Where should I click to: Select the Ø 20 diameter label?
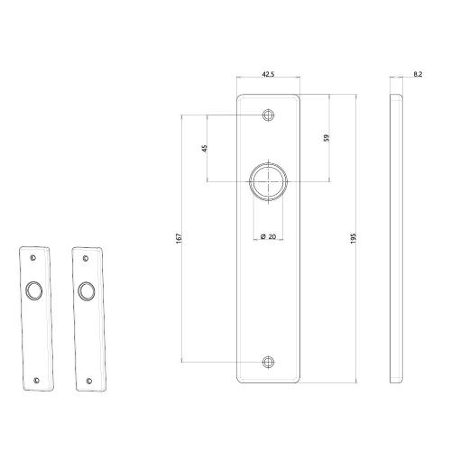coord(268,235)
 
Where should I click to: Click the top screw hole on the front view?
coord(268,115)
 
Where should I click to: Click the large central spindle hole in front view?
coord(268,179)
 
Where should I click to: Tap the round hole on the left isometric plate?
coord(34,290)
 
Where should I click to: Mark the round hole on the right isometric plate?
coord(87,290)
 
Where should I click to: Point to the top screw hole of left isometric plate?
coord(33,257)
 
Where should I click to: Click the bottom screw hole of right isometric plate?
coord(88,379)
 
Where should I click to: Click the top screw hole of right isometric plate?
coord(86,257)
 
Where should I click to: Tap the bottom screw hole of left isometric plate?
coord(36,379)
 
